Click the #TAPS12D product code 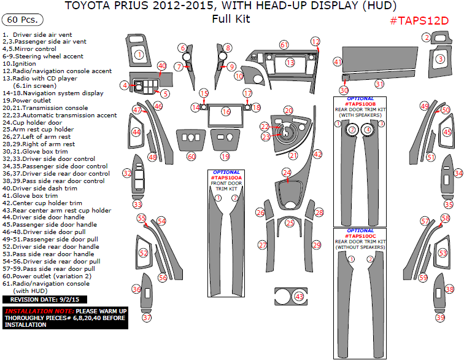tap(419, 21)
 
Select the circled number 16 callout tap(226, 112)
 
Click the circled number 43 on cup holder tap(299, 297)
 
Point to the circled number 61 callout tap(284, 45)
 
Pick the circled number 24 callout tap(287, 173)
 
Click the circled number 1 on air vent tap(139, 55)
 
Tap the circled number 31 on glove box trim tap(379, 84)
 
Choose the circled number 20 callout tap(288, 110)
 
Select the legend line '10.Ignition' tap(19, 63)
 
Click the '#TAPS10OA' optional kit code tap(226, 178)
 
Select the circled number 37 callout tap(146, 318)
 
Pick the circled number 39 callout tap(440, 318)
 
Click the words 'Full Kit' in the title tap(231, 19)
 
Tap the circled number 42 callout tap(317, 154)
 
